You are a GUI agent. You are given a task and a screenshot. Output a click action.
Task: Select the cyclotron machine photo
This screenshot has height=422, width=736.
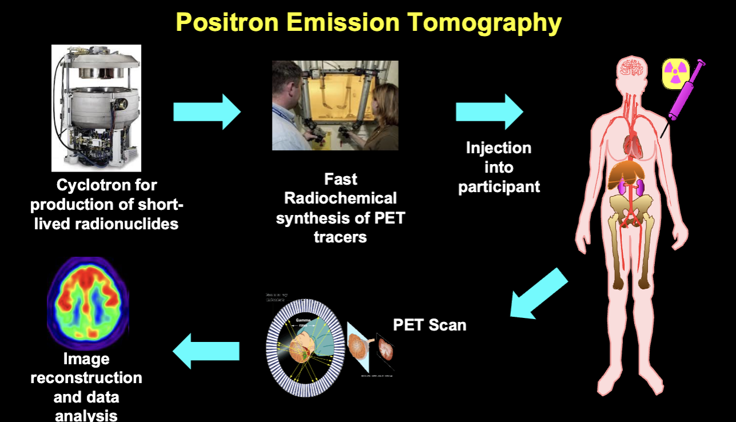(x=96, y=108)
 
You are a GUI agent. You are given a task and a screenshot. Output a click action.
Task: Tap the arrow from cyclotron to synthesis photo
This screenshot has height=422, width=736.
(x=207, y=112)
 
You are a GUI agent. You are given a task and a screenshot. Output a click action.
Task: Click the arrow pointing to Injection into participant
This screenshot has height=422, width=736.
(x=489, y=112)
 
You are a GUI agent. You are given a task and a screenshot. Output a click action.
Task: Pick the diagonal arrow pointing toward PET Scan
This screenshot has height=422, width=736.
(x=538, y=294)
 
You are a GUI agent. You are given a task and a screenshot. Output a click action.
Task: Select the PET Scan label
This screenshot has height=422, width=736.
(x=430, y=325)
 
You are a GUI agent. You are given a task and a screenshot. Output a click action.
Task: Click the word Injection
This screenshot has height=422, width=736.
(x=498, y=148)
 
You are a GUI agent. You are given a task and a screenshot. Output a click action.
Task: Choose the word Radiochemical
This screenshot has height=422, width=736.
(x=340, y=198)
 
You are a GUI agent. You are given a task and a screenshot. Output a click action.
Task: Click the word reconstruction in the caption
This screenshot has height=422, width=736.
(x=86, y=378)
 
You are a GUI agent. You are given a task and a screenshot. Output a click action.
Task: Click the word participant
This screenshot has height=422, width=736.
(x=499, y=187)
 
